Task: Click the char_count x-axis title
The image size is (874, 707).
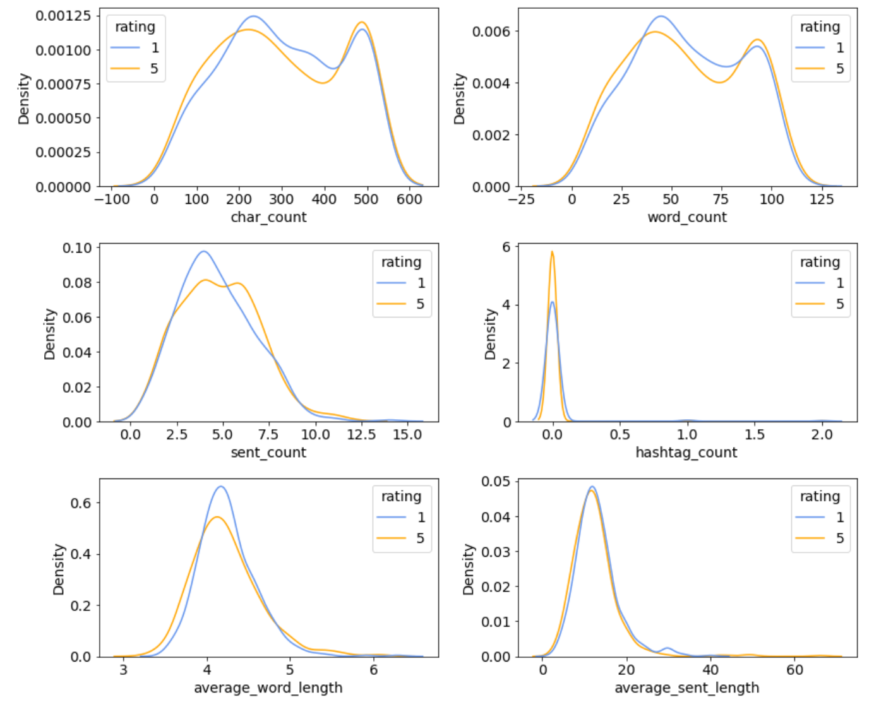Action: pos(268,217)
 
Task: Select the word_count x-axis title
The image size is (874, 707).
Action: pos(687,217)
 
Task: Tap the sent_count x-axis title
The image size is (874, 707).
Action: pos(268,453)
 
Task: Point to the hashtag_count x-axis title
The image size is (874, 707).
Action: pos(686,453)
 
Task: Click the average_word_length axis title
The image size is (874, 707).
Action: pos(268,688)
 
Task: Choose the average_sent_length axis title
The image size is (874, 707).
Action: pos(686,688)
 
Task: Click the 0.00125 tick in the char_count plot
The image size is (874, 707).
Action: pos(63,16)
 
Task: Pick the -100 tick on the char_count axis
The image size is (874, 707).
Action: pos(112,199)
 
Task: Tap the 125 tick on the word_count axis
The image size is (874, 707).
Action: pos(822,199)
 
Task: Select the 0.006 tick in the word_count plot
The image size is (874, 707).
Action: pos(491,32)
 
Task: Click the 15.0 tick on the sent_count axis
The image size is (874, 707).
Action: pos(407,435)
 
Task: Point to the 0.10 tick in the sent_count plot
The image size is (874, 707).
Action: pos(77,248)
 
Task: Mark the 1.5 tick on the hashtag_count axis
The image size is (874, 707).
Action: pos(755,435)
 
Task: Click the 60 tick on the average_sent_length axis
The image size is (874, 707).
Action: pos(795,670)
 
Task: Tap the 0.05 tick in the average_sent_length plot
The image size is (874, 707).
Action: pos(496,482)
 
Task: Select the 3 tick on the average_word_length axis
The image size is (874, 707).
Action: pos(123,670)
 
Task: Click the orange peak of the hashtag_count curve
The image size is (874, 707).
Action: pos(553,252)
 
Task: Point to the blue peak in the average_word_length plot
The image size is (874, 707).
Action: pos(220,487)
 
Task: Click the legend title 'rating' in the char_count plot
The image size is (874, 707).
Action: pos(135,27)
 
